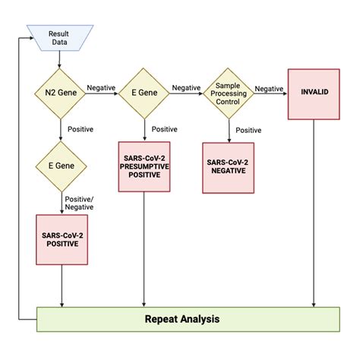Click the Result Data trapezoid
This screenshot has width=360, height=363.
(58, 37)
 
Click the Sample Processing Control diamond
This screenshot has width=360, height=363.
(228, 94)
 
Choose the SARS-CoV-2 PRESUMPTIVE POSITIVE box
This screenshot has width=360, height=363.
(142, 166)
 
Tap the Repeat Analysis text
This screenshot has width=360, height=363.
(182, 319)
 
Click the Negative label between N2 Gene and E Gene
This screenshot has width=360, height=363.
(100, 87)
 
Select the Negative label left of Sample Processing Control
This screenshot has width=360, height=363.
(185, 87)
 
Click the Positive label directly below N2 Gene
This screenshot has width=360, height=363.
(81, 129)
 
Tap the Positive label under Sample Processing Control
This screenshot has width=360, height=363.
(249, 130)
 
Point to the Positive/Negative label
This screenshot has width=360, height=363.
(78, 202)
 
